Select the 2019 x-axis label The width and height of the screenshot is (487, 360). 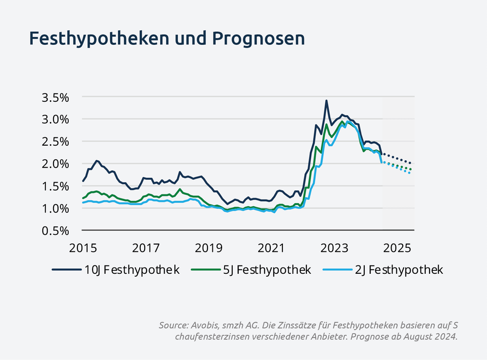(x=208, y=247)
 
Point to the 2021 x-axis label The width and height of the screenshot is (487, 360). (x=271, y=247)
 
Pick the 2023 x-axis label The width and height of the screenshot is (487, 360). (x=335, y=247)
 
